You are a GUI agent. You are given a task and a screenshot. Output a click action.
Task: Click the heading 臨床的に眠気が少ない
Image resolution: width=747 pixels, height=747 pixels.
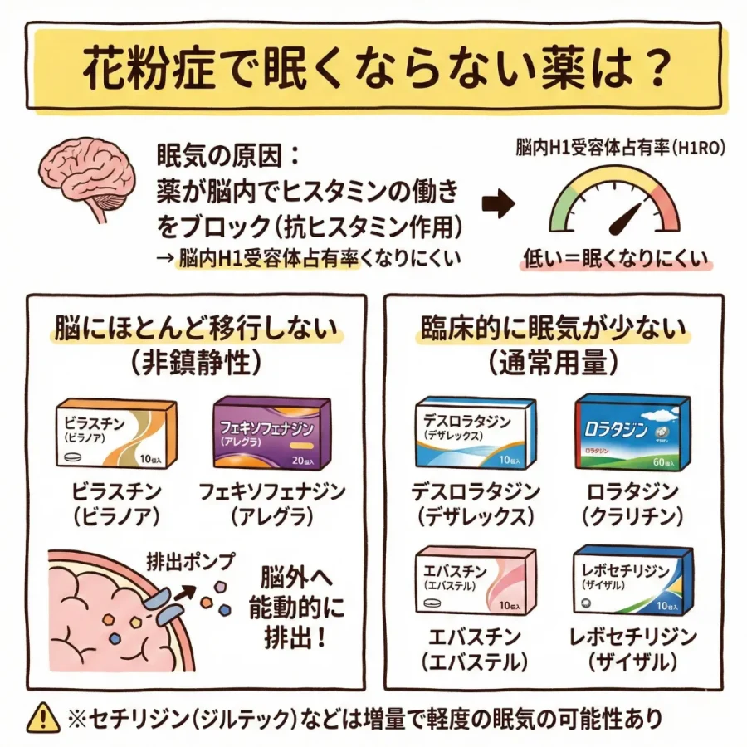coord(552,329)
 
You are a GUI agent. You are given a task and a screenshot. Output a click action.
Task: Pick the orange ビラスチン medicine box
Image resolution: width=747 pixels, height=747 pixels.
coord(115,433)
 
